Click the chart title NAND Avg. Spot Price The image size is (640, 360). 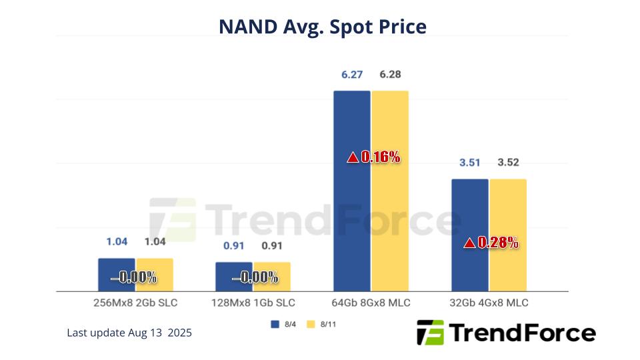(x=323, y=27)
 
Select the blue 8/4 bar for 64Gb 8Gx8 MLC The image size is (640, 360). (x=351, y=200)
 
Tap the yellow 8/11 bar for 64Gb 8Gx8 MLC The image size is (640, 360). (x=390, y=200)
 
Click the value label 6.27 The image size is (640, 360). (x=351, y=75)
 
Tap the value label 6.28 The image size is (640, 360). (x=390, y=75)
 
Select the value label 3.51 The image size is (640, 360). (x=469, y=163)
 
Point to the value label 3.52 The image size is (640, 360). (x=508, y=163)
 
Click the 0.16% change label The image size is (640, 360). (x=380, y=157)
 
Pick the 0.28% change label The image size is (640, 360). (x=498, y=243)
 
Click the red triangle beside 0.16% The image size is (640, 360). (x=353, y=158)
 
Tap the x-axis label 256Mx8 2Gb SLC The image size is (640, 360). (x=136, y=303)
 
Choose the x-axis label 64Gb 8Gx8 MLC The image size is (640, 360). (x=371, y=303)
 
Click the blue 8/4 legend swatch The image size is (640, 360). (x=274, y=324)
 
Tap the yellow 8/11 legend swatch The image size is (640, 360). (x=310, y=324)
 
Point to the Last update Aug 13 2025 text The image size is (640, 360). (x=129, y=333)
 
